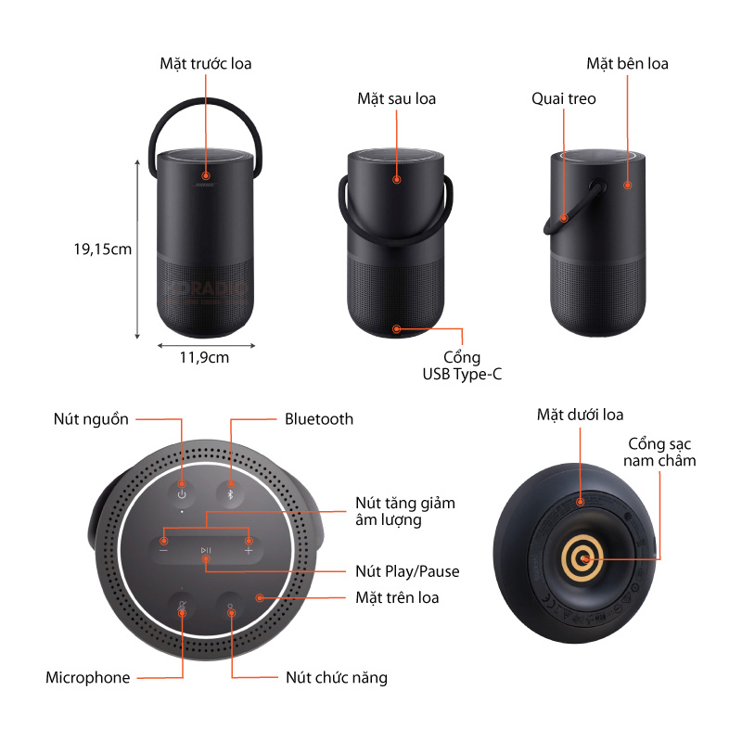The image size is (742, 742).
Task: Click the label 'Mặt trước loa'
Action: point(205,63)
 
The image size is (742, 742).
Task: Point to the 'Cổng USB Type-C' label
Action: point(461,365)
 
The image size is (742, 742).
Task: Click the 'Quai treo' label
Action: point(563,98)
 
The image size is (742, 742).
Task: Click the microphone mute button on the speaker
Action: point(182,608)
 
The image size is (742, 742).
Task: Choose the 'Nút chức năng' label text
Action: point(336,677)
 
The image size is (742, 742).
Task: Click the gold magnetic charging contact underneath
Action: point(582,558)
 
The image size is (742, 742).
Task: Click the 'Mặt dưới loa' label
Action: point(580,415)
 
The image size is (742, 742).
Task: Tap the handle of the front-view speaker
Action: point(205,104)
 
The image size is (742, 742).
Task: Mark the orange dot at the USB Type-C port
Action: point(397,328)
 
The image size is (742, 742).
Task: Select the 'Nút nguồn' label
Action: point(91,419)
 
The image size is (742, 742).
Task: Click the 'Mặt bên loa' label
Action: point(627,63)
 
